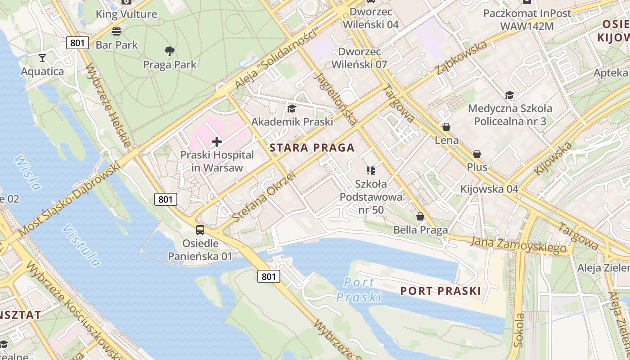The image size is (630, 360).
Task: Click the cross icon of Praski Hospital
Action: (217, 142)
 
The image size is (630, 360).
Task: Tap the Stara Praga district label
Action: (312, 148)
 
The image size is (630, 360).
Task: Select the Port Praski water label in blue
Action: (359, 289)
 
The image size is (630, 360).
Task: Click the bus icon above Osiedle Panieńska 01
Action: (200, 230)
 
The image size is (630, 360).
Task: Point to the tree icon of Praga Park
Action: (170, 51)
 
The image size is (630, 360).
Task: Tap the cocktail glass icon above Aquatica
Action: (42, 58)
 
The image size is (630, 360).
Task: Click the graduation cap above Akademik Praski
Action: (292, 108)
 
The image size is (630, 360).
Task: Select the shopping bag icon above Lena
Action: (446, 127)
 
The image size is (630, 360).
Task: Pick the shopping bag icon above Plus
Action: (477, 154)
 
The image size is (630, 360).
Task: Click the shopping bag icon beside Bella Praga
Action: (420, 217)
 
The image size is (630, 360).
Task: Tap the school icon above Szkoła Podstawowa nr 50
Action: (371, 170)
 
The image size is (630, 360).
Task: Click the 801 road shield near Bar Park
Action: (77, 43)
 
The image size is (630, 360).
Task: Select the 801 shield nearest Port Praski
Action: (269, 276)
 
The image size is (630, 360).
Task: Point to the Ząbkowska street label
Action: (461, 58)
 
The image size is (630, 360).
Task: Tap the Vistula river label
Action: (81, 246)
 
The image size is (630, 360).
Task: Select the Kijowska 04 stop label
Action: (489, 189)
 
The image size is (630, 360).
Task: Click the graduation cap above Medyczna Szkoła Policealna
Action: (509, 95)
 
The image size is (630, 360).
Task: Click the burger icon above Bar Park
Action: (117, 31)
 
